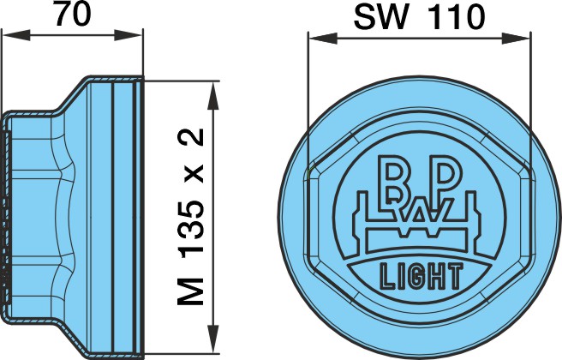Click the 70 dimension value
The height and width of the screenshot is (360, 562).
(x=74, y=14)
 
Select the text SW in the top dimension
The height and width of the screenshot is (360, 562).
(x=381, y=17)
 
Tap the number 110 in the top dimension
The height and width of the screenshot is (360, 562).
(x=458, y=17)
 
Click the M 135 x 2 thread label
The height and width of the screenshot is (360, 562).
(x=191, y=217)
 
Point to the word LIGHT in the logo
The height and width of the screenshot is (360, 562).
(x=421, y=276)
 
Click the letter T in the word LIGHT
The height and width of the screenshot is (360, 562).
(x=455, y=276)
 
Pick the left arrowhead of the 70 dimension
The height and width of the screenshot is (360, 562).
(x=16, y=35)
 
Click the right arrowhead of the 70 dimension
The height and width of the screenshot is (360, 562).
(x=128, y=35)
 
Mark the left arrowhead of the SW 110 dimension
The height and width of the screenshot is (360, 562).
(x=323, y=39)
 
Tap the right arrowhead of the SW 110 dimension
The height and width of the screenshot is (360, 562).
(x=516, y=39)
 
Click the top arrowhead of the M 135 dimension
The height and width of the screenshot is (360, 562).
(x=213, y=95)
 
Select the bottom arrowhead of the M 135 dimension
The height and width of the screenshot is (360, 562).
(x=213, y=339)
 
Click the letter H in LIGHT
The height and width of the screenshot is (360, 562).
(x=436, y=276)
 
